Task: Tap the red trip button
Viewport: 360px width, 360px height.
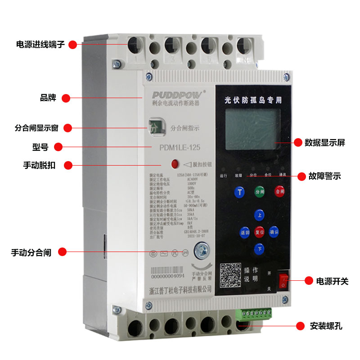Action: pyautogui.click(x=175, y=163)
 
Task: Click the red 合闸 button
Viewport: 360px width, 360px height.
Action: pyautogui.click(x=280, y=191)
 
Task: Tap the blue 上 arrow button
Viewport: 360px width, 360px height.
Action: pyautogui.click(x=260, y=216)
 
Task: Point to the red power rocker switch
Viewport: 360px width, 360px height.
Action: pyautogui.click(x=283, y=280)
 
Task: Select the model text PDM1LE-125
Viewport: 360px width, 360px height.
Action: pyautogui.click(x=180, y=147)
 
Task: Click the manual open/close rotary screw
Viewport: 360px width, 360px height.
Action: pyautogui.click(x=202, y=250)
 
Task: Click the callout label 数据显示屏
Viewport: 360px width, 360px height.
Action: pyautogui.click(x=324, y=143)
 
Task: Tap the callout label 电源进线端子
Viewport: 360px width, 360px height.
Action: pyautogui.click(x=40, y=45)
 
